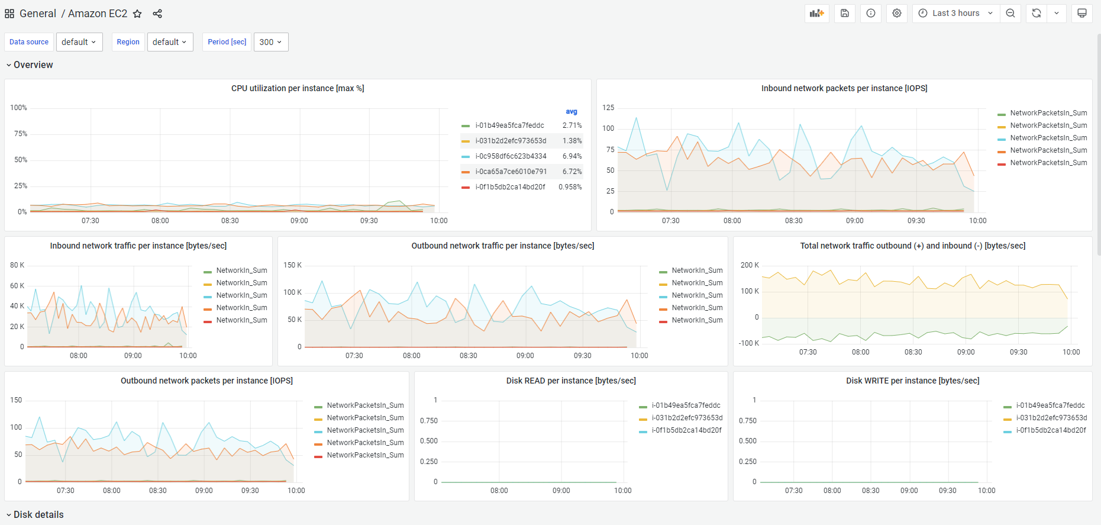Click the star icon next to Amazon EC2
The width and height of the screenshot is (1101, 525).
(x=137, y=14)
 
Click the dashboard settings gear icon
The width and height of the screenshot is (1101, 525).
(x=897, y=13)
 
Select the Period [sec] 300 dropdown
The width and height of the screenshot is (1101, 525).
(x=271, y=42)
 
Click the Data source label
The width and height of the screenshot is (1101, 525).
(x=29, y=42)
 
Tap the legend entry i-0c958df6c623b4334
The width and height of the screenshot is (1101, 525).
(x=511, y=156)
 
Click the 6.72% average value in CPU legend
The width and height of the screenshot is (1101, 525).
(x=572, y=172)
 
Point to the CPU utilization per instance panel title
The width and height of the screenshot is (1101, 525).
(x=298, y=88)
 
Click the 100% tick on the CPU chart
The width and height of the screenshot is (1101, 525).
(x=19, y=108)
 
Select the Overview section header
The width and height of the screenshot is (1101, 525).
(x=33, y=65)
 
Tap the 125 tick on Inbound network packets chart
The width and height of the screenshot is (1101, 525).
(x=608, y=108)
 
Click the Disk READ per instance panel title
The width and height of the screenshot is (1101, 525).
(x=571, y=381)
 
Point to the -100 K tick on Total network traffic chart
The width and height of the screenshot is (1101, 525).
(x=748, y=343)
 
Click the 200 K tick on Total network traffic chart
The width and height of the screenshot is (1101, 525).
(x=750, y=265)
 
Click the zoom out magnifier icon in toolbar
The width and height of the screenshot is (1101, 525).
(x=1010, y=13)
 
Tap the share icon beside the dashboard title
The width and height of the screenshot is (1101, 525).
(x=157, y=14)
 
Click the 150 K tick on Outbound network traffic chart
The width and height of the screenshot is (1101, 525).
(x=293, y=265)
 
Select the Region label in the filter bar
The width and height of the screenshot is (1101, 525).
(x=128, y=42)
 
